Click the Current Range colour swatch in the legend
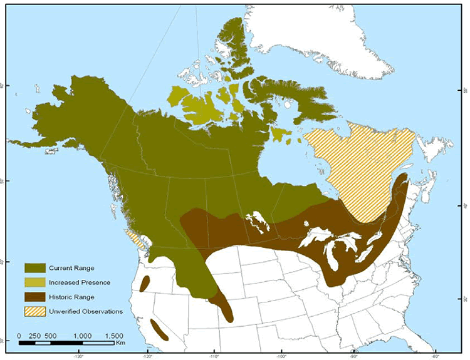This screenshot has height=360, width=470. pyautogui.click(x=36, y=269)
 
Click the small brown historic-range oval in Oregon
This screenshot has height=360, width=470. pyautogui.click(x=145, y=284)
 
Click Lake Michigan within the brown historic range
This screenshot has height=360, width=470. pyautogui.click(x=327, y=254)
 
